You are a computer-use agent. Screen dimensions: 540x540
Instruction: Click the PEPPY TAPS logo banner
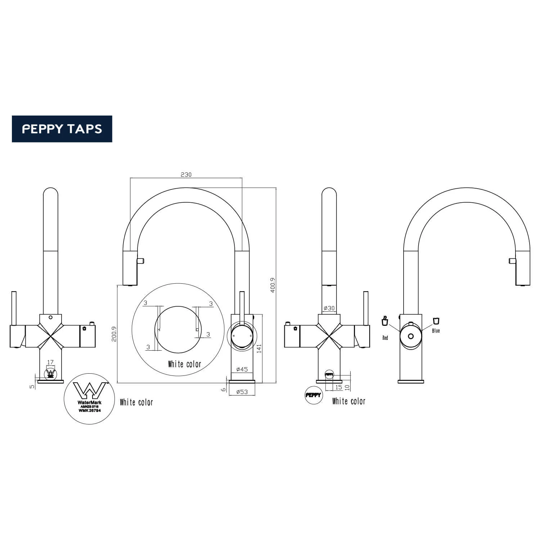(62, 129)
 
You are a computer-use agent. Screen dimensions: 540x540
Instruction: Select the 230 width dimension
(186, 175)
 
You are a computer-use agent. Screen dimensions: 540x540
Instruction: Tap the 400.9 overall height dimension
(273, 285)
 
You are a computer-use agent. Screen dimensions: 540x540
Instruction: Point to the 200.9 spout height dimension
(114, 334)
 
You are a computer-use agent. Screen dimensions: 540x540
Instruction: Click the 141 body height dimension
(259, 348)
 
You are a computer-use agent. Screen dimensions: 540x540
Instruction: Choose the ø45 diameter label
(242, 369)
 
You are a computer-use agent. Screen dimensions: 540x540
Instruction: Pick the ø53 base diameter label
(242, 392)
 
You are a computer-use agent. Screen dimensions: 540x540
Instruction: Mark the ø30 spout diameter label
(329, 308)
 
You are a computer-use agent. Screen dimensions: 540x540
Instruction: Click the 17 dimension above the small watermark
(50, 362)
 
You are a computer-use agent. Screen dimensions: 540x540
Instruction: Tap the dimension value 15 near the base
(338, 387)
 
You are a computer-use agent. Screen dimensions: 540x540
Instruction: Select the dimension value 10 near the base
(347, 387)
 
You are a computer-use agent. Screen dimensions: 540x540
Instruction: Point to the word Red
(385, 338)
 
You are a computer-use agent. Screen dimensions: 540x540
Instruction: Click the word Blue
(436, 331)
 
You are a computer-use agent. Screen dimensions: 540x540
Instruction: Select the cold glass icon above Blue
(436, 320)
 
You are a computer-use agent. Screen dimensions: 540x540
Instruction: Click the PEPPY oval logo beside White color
(314, 395)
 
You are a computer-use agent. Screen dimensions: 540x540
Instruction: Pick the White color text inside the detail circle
(185, 364)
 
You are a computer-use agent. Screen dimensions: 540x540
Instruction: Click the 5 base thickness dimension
(32, 387)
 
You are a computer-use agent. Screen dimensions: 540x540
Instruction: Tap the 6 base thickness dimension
(224, 389)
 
